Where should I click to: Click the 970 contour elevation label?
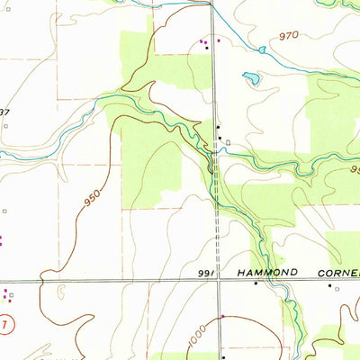pyautogui.click(x=288, y=35)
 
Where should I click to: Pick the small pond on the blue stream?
pyautogui.click(x=262, y=50)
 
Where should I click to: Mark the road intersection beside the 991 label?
pyautogui.click(x=217, y=280)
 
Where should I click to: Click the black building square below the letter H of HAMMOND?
pyautogui.click(x=255, y=284)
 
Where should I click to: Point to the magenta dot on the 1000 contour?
pyautogui.click(x=222, y=317)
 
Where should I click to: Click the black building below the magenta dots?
pyautogui.click(x=206, y=47)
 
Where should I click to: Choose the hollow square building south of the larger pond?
pyautogui.click(x=228, y=141)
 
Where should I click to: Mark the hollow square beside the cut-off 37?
pyautogui.click(x=5, y=126)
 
